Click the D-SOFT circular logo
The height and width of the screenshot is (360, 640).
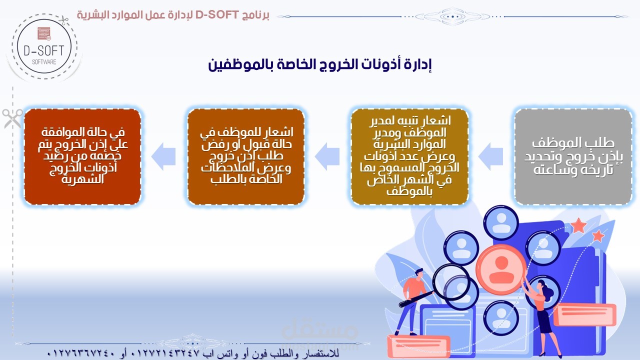44,47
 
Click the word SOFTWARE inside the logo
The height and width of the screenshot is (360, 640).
44,62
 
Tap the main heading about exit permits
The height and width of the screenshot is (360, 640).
319,65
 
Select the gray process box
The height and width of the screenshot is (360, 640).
573,156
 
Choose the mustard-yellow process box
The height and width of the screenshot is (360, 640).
409,156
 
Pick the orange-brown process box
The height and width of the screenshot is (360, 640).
246,156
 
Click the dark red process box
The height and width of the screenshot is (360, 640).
82,156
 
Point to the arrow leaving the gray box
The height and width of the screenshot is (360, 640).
490,156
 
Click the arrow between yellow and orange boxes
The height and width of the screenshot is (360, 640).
327,156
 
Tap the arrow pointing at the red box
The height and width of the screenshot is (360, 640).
163,156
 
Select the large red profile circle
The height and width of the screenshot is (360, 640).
501,269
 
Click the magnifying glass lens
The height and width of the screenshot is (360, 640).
451,282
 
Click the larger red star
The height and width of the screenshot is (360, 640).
578,225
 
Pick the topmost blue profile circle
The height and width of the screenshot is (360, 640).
501,223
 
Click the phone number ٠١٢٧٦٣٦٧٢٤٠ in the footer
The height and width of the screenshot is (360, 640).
80,353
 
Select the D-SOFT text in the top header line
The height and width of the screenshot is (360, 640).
217,15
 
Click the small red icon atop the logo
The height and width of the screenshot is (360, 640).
44,33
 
